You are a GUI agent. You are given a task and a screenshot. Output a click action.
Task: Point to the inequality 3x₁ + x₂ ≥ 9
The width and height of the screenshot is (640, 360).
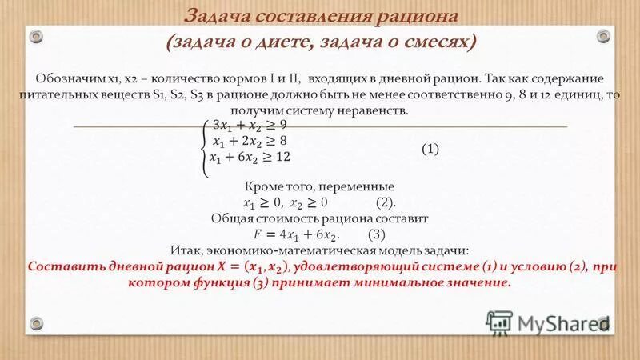(248, 125)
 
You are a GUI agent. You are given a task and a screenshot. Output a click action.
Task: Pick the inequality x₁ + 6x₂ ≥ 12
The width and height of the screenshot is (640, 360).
(249, 158)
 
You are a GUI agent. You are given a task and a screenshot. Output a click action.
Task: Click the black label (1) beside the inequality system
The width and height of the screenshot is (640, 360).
(430, 150)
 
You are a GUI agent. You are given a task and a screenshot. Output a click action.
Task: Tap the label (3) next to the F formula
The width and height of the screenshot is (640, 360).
(377, 234)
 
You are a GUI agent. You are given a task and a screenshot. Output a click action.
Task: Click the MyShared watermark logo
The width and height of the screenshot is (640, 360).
(551, 323)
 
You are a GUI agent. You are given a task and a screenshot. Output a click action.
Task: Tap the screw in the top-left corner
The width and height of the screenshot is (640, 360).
(36, 34)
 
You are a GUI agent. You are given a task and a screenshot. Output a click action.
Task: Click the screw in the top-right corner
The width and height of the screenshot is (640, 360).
(603, 34)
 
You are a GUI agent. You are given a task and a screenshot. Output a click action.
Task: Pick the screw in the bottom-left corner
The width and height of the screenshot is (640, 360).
(36, 323)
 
